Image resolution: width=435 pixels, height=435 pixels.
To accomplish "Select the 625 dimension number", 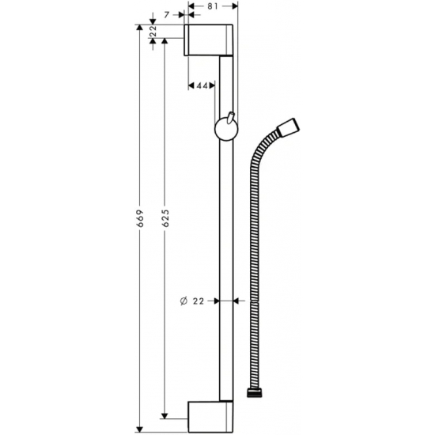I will point(164,217).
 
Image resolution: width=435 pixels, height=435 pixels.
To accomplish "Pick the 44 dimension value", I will point(202,85).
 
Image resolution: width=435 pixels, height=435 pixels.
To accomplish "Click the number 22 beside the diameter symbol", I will point(199,301).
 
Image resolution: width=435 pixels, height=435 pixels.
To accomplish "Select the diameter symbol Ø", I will point(182,301).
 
